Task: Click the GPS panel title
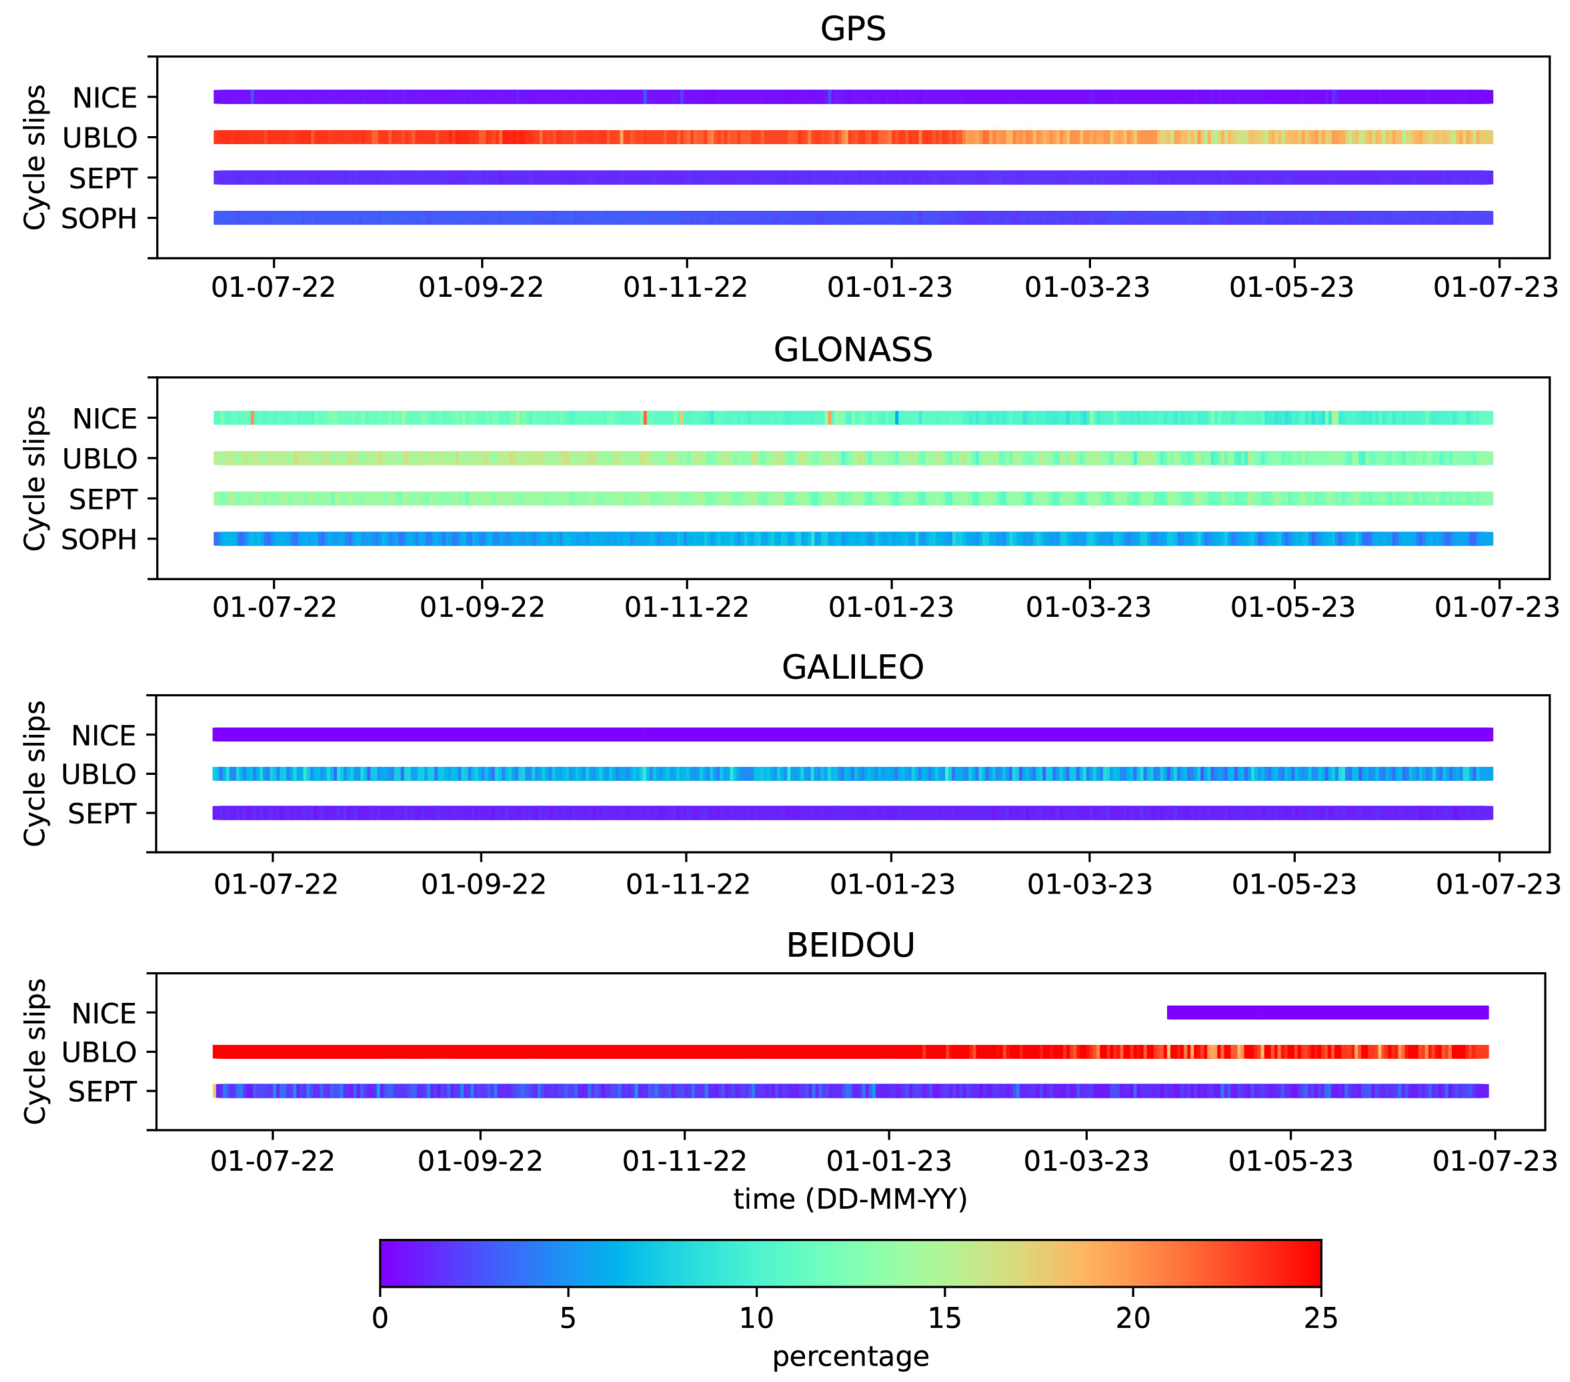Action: click(853, 29)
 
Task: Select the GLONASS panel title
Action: click(853, 350)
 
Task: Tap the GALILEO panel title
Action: click(853, 667)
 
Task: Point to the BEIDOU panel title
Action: click(850, 946)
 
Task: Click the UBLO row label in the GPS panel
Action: click(100, 138)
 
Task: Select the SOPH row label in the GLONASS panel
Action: click(99, 540)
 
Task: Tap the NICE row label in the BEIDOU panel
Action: click(104, 1014)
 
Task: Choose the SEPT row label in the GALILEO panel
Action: click(102, 813)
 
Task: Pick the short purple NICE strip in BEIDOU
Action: click(1327, 1012)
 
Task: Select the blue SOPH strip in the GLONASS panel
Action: click(853, 538)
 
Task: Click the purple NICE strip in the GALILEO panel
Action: click(853, 734)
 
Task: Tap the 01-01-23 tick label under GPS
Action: click(890, 287)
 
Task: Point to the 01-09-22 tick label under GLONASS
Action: click(482, 608)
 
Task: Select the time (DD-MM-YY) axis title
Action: click(850, 1199)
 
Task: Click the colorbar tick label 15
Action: click(944, 1318)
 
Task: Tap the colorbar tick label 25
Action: click(1320, 1318)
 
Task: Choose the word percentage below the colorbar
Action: click(850, 1357)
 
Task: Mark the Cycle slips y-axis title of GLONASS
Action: click(35, 478)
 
